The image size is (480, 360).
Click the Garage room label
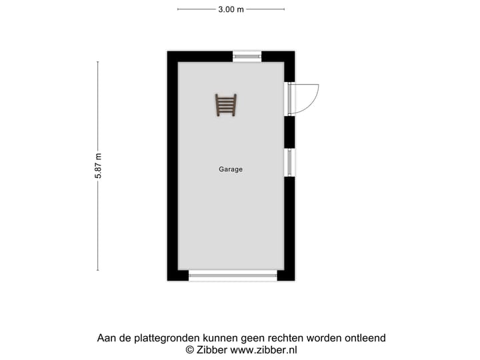(231, 169)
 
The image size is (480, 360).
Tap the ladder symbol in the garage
(226, 105)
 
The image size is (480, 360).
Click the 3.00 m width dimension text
(231, 9)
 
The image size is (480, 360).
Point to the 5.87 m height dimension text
(98, 166)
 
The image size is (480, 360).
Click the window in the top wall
(247, 57)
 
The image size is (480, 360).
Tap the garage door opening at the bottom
(233, 275)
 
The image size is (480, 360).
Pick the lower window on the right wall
(289, 162)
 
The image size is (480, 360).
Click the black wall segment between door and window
(289, 131)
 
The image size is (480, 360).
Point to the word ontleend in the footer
(365, 338)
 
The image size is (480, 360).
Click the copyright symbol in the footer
(189, 349)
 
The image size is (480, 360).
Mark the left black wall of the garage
(172, 167)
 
